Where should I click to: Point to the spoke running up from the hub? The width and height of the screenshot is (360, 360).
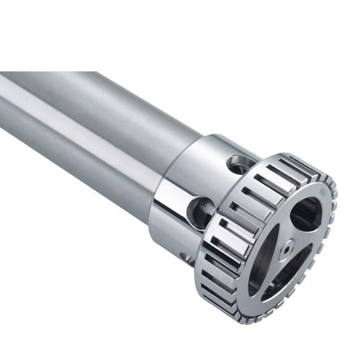[x=284, y=223]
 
